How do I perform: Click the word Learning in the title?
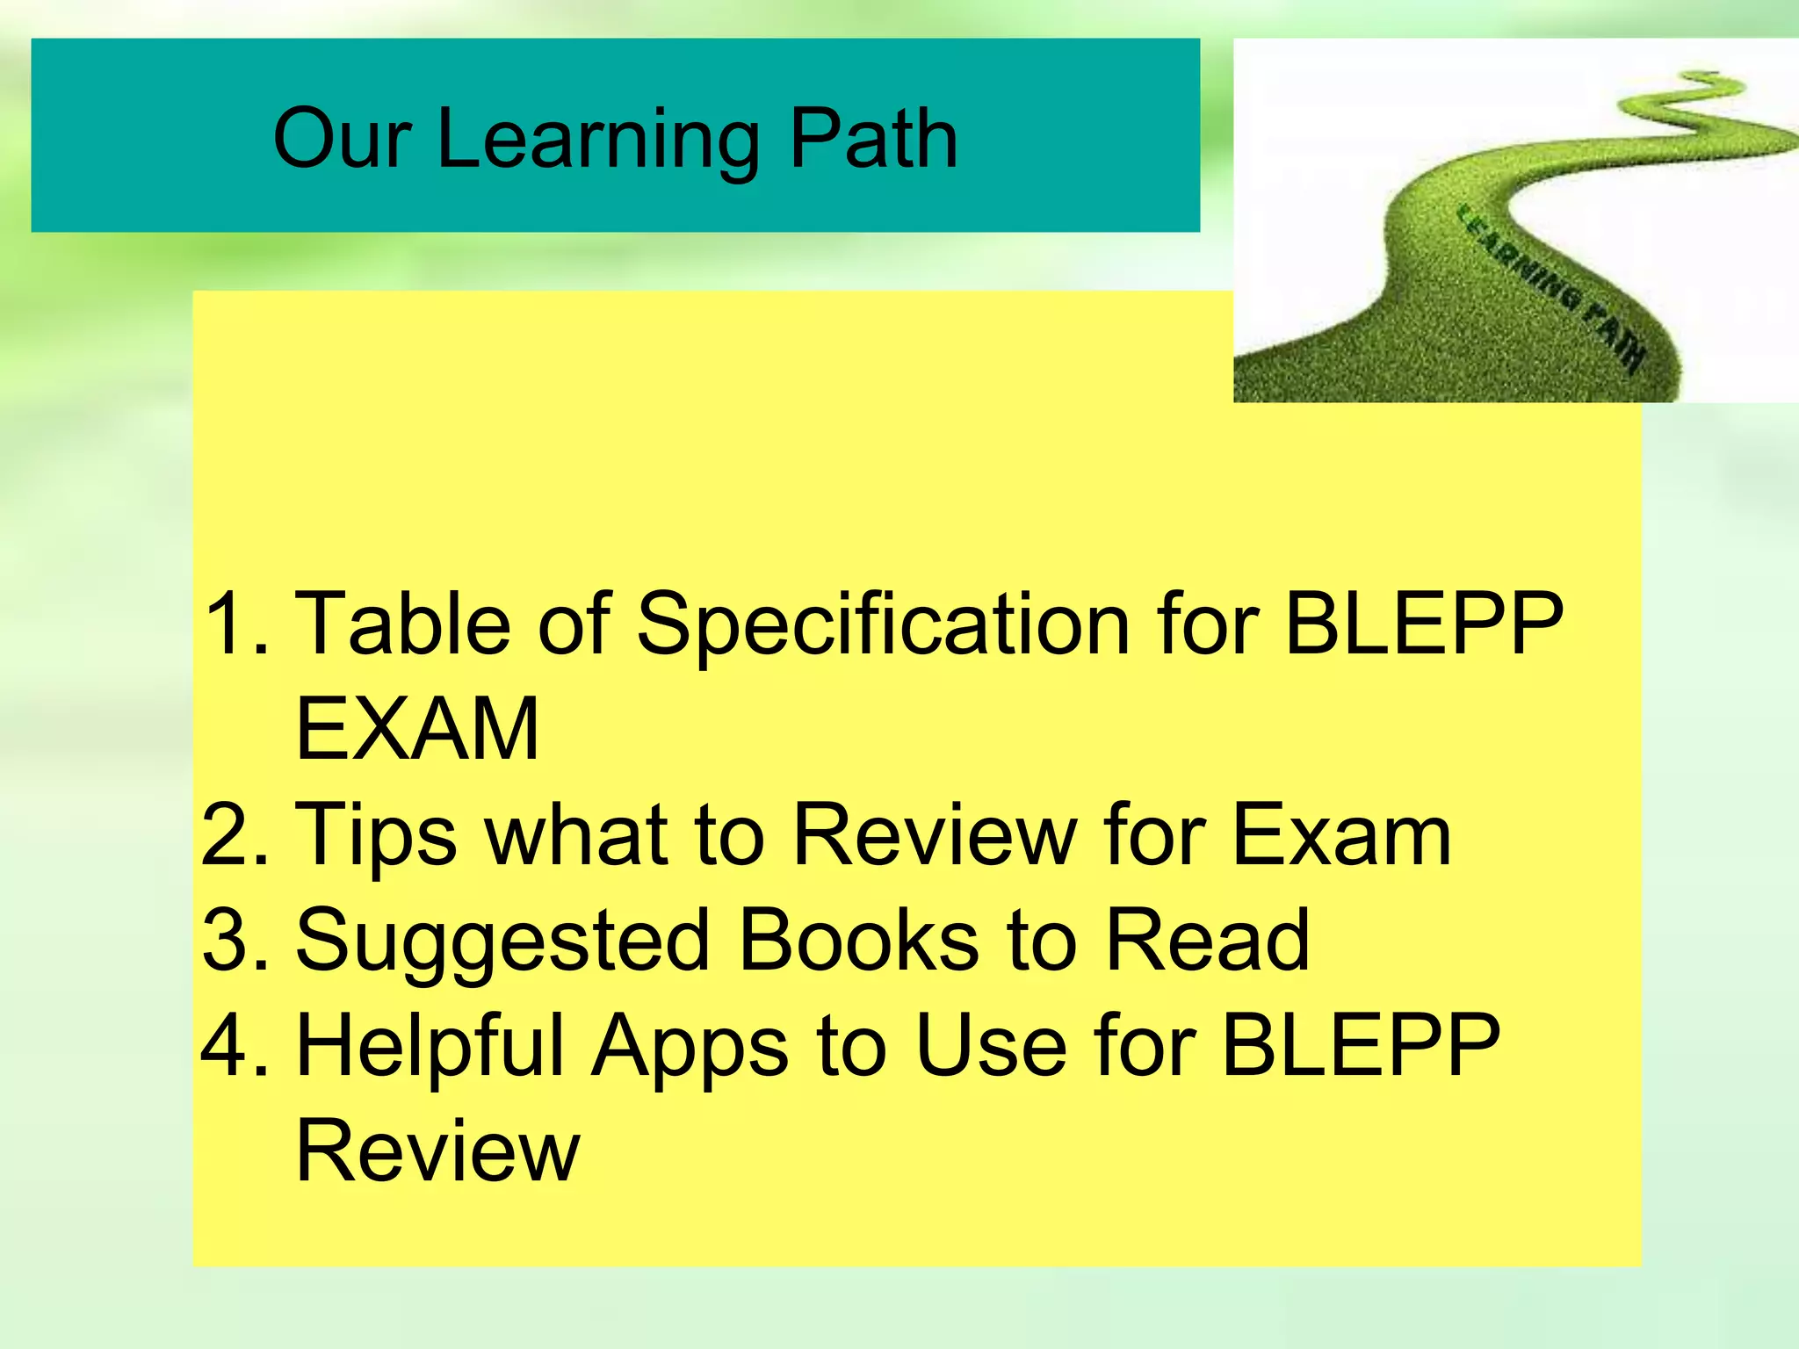pos(598,141)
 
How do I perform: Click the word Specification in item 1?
pos(882,625)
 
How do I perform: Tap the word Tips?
pos(376,836)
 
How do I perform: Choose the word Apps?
pos(690,1047)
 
